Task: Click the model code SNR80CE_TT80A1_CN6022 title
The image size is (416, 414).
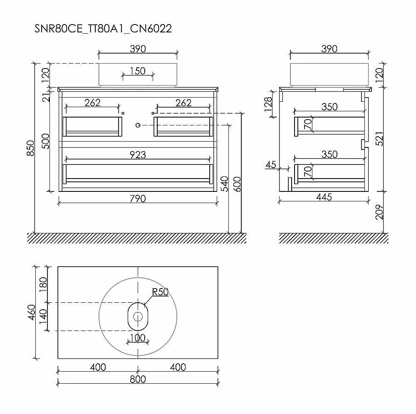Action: tap(103, 29)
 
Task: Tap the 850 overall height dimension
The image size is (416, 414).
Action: tap(31, 148)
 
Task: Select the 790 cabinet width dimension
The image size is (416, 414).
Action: tap(138, 198)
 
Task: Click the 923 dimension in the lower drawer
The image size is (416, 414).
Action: tap(138, 155)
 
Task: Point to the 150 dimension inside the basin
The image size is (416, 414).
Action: tap(138, 71)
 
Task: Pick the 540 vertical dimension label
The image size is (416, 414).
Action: tap(225, 184)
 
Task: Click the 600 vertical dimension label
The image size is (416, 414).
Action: tap(237, 184)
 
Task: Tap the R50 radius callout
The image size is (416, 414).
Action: tap(160, 292)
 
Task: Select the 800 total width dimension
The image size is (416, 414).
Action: tap(138, 379)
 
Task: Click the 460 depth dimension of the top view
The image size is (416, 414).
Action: tap(32, 312)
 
